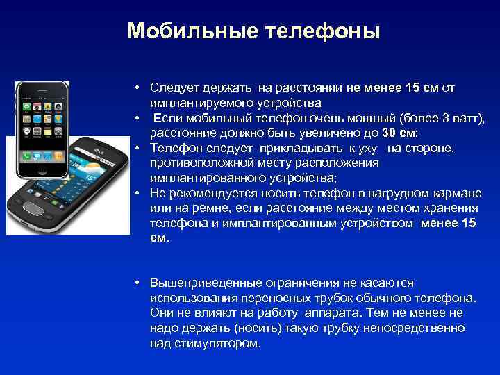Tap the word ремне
(x=212, y=208)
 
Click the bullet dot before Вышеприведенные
(x=139, y=283)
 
